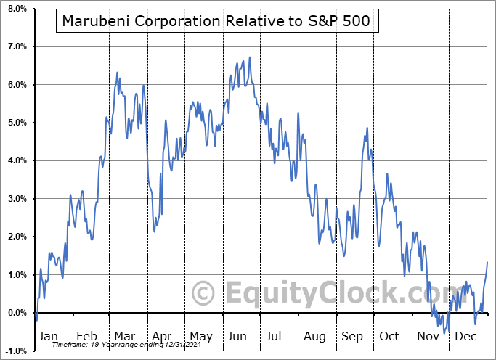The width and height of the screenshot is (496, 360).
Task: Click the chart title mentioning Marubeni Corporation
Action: (216, 21)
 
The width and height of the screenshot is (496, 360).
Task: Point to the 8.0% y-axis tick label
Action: (15, 9)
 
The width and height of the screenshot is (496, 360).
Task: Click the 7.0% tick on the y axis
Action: (15, 46)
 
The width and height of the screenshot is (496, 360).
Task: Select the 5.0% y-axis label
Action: (15, 123)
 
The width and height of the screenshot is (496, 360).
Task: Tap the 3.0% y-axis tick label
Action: (15, 199)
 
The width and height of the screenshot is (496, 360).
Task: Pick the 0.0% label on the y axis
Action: (15, 313)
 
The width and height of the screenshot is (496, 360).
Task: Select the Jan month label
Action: (47, 337)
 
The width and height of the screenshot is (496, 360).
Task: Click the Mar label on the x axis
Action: (123, 337)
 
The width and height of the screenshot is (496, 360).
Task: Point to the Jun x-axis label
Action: (238, 337)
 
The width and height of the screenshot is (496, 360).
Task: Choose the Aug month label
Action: (314, 337)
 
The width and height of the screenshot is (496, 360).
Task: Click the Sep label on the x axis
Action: (352, 337)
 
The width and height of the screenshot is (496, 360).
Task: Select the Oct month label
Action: (390, 337)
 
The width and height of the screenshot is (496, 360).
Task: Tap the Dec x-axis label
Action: (465, 337)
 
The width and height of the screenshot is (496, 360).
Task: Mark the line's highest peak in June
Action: (250, 57)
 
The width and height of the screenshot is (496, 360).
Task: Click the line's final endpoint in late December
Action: (487, 262)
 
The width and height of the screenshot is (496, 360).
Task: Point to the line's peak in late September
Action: (367, 128)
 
